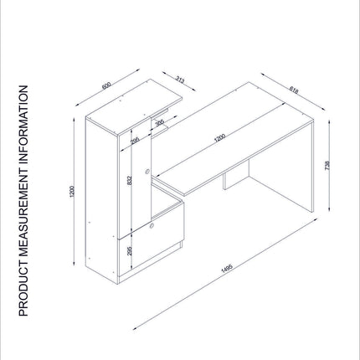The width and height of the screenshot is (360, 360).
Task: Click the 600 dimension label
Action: point(106,85)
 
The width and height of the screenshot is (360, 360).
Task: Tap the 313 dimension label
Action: point(180,80)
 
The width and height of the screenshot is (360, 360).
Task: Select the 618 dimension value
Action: point(294,90)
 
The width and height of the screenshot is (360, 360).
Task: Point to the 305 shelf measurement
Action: point(159,123)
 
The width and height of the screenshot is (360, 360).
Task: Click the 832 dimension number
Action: point(129,181)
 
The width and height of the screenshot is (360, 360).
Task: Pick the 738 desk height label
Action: point(327,166)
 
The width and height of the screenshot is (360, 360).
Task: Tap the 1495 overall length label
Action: point(227,269)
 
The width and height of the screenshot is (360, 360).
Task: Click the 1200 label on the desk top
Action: point(219,138)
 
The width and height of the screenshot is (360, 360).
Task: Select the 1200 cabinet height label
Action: point(72,192)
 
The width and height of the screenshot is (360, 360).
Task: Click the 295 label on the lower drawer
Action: point(129,251)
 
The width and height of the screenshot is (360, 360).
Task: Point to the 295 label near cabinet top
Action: point(135,141)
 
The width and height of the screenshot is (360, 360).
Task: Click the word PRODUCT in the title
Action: point(23,291)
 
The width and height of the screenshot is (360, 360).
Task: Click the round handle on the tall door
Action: point(147,172)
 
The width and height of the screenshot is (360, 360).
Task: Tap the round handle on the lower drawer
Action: point(152,225)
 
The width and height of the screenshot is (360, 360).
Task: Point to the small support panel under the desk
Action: point(236,175)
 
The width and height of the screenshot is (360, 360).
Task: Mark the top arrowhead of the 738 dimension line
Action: point(330,121)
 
